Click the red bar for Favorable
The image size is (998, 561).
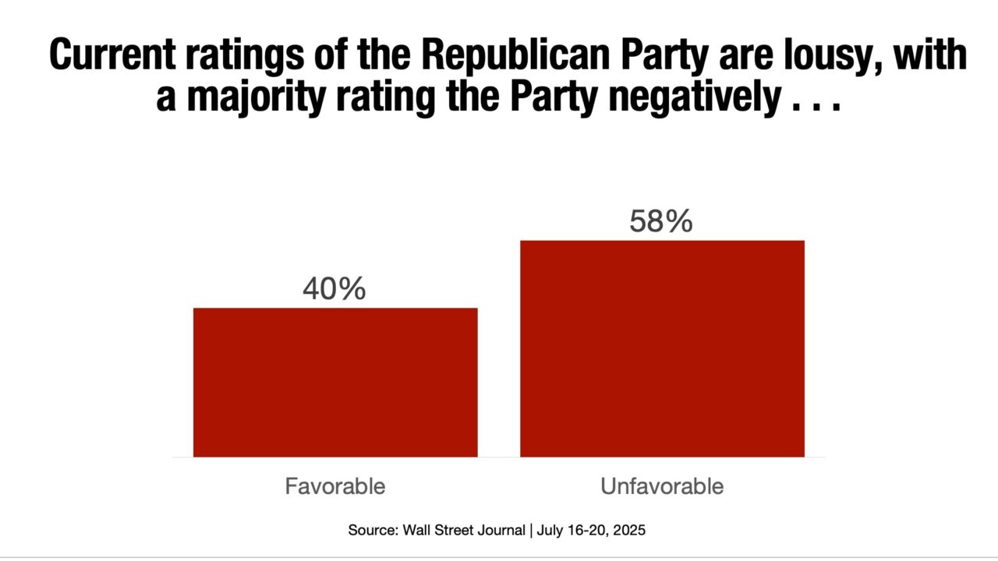click(x=335, y=382)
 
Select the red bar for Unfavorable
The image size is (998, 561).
click(x=662, y=348)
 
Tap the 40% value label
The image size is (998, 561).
click(x=334, y=289)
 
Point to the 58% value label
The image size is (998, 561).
click(x=661, y=221)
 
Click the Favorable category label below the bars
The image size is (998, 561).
click(x=335, y=487)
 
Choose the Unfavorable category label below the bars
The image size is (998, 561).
click(x=662, y=487)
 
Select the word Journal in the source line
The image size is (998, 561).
click(x=501, y=531)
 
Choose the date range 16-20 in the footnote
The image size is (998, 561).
click(x=585, y=531)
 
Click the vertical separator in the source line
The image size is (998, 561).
click(x=532, y=531)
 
